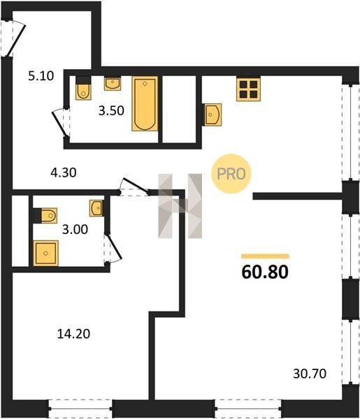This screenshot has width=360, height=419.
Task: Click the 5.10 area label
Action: pyautogui.click(x=41, y=76)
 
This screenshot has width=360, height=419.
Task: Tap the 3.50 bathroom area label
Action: pyautogui.click(x=111, y=110)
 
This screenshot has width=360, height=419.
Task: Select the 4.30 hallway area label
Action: pyautogui.click(x=64, y=172)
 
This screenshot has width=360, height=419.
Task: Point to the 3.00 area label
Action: pyautogui.click(x=75, y=229)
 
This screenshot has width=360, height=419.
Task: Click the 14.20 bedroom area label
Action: pyautogui.click(x=73, y=334)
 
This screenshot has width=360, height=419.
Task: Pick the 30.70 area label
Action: pyautogui.click(x=310, y=374)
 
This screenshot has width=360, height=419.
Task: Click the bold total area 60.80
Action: pyautogui.click(x=265, y=272)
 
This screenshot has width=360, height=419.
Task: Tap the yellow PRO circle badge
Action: pyautogui.click(x=231, y=174)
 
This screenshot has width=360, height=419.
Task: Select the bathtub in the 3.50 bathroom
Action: pyautogui.click(x=145, y=103)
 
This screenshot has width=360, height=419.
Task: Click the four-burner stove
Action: pyautogui.click(x=248, y=89)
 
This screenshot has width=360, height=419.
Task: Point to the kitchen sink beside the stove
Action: pyautogui.click(x=212, y=115)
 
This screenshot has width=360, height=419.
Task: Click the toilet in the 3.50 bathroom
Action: pyautogui.click(x=83, y=88)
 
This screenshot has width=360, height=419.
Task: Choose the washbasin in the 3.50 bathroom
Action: pyautogui.click(x=113, y=83)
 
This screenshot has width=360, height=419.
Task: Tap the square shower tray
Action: pyautogui.click(x=45, y=253)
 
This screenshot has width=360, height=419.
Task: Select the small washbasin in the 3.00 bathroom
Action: pyautogui.click(x=96, y=208)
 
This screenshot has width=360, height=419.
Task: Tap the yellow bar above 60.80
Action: pyautogui.click(x=265, y=256)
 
